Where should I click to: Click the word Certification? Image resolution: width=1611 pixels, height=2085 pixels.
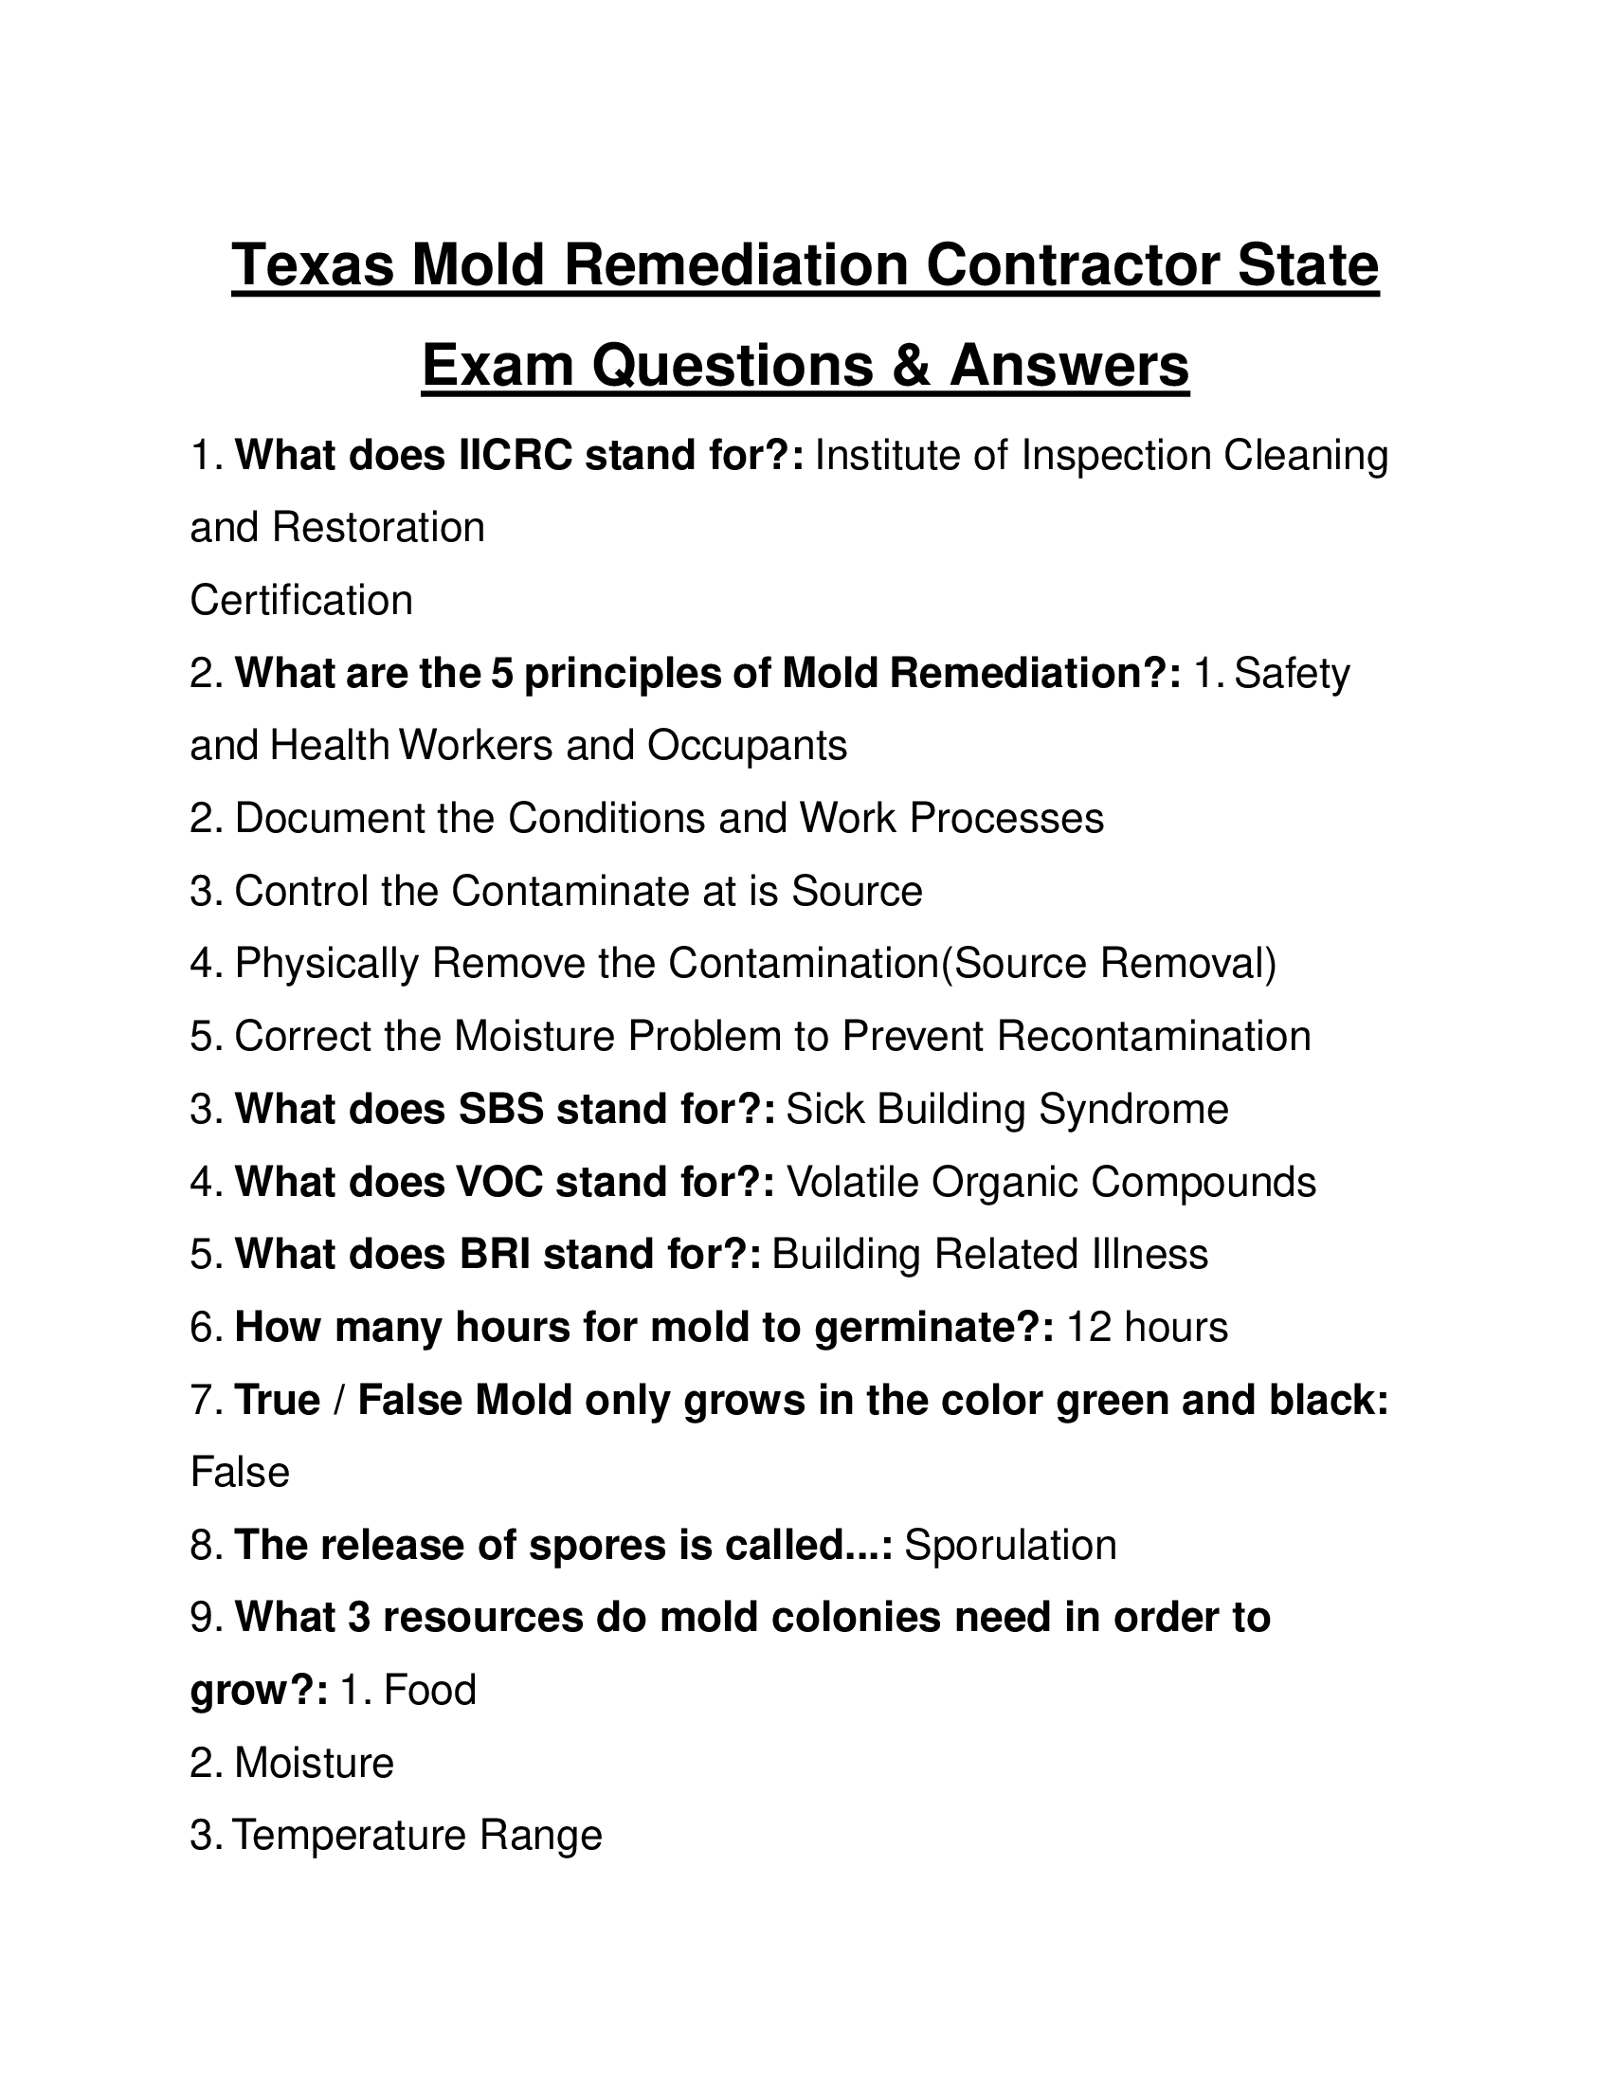coord(301,601)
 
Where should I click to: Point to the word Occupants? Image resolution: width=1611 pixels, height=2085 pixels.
coord(748,746)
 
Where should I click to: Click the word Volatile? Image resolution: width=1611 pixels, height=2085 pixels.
coord(851,1182)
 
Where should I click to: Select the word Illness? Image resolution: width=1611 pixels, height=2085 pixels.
coord(1149,1255)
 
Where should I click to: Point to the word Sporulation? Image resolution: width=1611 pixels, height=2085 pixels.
coord(1010,1545)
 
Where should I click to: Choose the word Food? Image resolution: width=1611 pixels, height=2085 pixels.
coord(429,1690)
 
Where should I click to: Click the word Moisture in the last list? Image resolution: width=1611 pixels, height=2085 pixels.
coord(314,1763)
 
